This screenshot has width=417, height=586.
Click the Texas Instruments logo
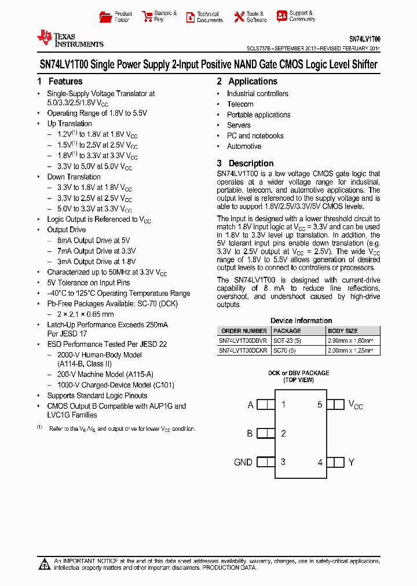point(69,39)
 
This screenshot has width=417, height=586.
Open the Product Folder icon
point(105,17)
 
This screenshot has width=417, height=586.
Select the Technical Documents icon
point(190,17)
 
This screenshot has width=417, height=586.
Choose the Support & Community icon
point(282,16)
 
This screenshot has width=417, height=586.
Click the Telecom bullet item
point(240,104)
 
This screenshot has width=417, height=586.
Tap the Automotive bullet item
point(244,146)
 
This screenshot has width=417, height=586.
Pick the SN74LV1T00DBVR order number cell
point(243,341)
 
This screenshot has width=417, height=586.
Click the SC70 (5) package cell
point(286,351)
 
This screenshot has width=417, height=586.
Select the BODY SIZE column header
point(343,331)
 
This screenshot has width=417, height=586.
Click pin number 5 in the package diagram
point(320,405)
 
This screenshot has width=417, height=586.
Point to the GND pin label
point(243,462)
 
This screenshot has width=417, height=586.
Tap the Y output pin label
point(351,462)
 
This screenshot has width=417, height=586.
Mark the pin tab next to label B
point(265,433)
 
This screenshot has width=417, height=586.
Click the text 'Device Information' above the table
point(301,321)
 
